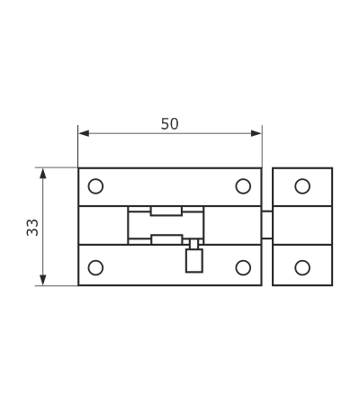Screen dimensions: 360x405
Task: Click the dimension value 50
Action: tap(169, 124)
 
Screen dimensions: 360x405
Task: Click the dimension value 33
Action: tap(32, 228)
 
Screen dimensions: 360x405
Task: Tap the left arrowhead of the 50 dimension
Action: tap(84, 133)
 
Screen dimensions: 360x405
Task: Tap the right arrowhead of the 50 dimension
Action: tap(256, 133)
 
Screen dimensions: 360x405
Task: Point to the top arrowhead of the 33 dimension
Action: tap(43, 174)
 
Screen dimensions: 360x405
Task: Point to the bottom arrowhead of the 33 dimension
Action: tap(43, 280)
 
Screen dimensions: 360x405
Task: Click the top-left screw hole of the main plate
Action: tap(95, 186)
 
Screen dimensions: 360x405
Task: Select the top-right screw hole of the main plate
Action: tap(243, 186)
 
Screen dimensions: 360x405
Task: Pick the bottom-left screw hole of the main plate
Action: tap(95, 267)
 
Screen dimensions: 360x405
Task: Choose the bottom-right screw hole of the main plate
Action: tap(243, 267)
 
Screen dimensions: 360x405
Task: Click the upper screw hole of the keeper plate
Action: tap(302, 186)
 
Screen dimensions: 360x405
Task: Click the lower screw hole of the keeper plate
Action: tap(302, 267)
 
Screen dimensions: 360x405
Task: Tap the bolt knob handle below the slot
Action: tap(194, 261)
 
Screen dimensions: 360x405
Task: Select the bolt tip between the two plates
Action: tap(267, 225)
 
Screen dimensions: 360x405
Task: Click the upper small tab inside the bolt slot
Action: tap(166, 211)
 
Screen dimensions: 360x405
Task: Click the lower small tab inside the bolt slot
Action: tap(166, 239)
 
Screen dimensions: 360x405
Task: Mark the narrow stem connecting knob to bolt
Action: tap(194, 244)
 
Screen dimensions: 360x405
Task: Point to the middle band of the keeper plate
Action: tap(302, 225)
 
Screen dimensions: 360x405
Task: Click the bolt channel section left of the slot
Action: tap(103, 225)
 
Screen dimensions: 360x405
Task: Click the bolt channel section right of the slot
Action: tap(232, 225)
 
